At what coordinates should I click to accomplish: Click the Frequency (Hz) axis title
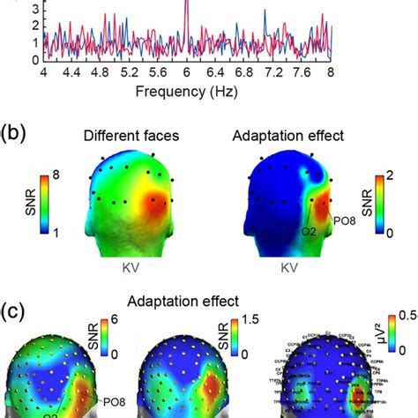(x=186, y=91)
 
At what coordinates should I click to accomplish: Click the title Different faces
(x=129, y=137)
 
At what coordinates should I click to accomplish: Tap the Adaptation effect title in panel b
(x=287, y=137)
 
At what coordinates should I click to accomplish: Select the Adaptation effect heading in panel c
(x=209, y=299)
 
